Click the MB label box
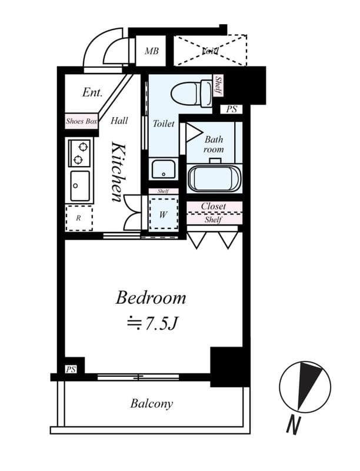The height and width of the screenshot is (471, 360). [x=152, y=51]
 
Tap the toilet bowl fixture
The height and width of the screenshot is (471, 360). [x=191, y=93]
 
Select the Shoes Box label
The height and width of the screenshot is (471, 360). [x=81, y=122]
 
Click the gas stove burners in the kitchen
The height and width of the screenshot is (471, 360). [x=79, y=152]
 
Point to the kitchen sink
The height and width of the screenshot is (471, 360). [x=79, y=185]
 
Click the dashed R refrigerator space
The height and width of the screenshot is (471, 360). [x=79, y=218]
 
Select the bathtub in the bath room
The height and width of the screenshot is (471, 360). [x=214, y=178]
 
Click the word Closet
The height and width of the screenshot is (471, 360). [x=214, y=206]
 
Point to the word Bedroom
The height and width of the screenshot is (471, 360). [x=151, y=297]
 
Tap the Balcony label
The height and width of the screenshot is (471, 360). [x=152, y=404]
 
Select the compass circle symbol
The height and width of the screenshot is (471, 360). [x=305, y=387]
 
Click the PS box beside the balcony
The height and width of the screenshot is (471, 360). [x=71, y=369]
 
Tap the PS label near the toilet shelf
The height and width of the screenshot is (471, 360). [x=231, y=109]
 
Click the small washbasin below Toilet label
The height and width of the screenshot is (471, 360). [x=162, y=169]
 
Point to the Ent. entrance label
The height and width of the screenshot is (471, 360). [x=92, y=92]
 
